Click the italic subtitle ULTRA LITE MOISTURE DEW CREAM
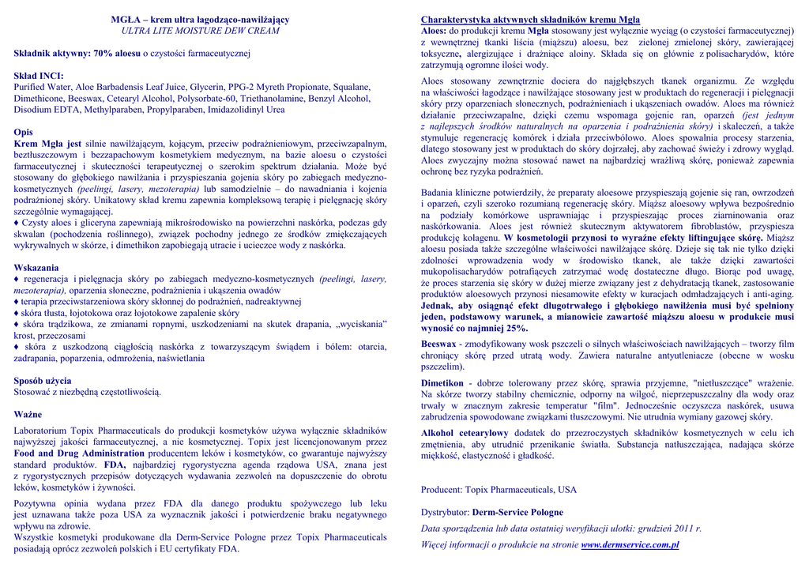pyautogui.click(x=200, y=31)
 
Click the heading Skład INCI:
pyautogui.click(x=39, y=76)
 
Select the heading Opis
pyautogui.click(x=24, y=133)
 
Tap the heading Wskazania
pyautogui.click(x=36, y=268)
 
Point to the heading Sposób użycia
pyautogui.click(x=43, y=381)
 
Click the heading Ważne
pyautogui.click(x=28, y=414)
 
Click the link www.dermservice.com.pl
pyautogui.click(x=630, y=544)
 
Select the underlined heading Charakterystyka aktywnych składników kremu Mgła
pyautogui.click(x=530, y=20)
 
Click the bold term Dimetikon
pyautogui.click(x=442, y=383)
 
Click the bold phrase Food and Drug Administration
pyautogui.click(x=79, y=453)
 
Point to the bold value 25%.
pyautogui.click(x=516, y=328)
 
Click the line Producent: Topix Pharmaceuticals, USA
pyautogui.click(x=499, y=490)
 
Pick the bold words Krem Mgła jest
pyautogui.click(x=47, y=144)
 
